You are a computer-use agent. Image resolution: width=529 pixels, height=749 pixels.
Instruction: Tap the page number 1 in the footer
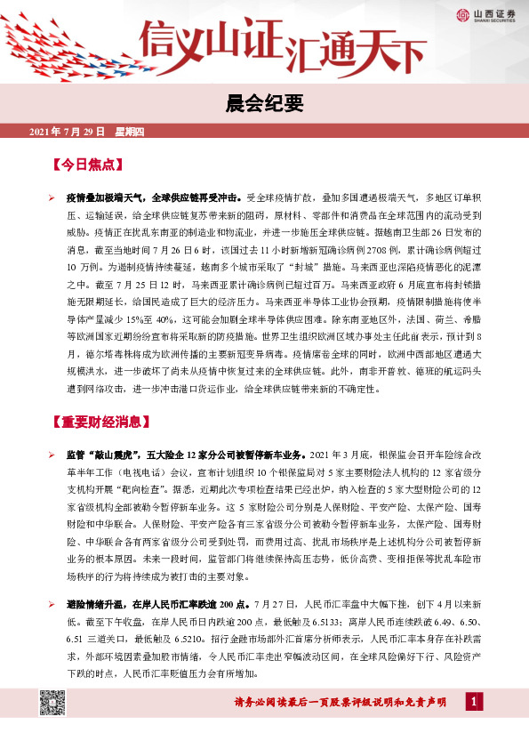[476, 703]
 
